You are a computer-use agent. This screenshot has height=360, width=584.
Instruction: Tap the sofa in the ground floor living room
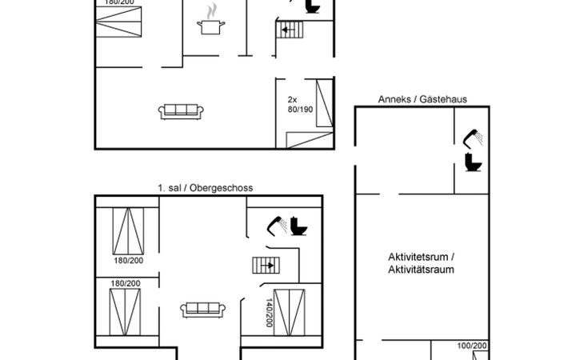[x=182, y=111]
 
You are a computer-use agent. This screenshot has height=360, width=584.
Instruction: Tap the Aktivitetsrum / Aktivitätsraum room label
[x=421, y=263]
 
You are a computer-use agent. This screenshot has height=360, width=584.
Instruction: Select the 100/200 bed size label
[x=470, y=346]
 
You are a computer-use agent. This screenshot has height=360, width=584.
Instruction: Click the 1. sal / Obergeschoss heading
[x=205, y=187]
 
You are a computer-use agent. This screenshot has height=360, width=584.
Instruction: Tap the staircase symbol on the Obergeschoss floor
[x=263, y=265]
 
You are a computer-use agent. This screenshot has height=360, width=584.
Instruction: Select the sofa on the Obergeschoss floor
[x=200, y=309]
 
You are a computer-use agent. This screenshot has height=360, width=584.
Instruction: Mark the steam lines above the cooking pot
[x=211, y=11]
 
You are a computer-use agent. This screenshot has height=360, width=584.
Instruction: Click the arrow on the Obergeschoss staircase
[x=270, y=265]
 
